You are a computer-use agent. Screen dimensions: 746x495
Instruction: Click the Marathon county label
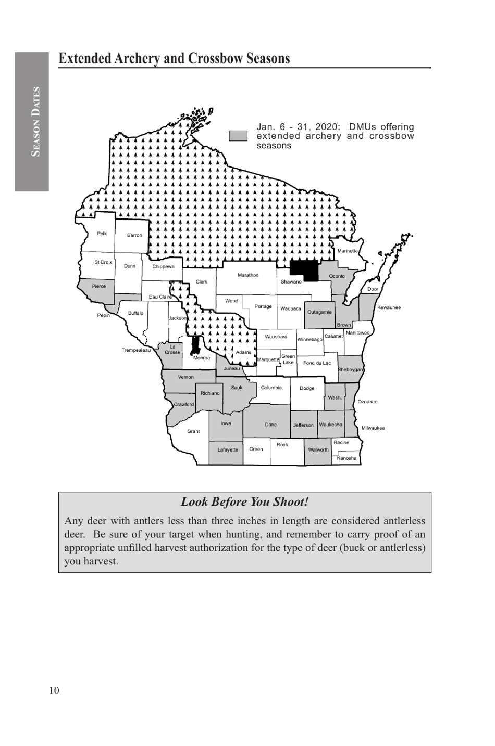[x=248, y=275]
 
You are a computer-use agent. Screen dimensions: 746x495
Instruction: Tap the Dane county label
[x=271, y=425]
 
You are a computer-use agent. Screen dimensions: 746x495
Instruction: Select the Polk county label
[x=102, y=234]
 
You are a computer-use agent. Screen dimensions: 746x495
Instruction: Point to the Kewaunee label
[x=389, y=307]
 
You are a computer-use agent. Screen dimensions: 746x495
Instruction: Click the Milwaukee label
[x=373, y=428]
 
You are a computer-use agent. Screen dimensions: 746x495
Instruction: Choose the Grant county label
[x=193, y=431]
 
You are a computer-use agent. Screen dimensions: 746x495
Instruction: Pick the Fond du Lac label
[x=317, y=363]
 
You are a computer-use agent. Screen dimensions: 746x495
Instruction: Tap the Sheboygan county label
[x=350, y=370]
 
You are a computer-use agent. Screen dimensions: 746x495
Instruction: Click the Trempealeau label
[x=136, y=350]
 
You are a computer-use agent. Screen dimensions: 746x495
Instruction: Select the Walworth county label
[x=318, y=450]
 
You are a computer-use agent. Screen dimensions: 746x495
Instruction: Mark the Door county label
[x=373, y=289]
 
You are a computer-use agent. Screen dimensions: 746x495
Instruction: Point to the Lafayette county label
[x=228, y=450]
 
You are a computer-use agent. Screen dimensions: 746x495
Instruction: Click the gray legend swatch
[x=238, y=136]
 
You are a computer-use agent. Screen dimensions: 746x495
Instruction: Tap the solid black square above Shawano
[x=304, y=270]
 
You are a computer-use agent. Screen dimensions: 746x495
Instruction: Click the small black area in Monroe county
[x=196, y=345]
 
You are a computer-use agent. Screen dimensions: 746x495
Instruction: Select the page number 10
[x=54, y=691]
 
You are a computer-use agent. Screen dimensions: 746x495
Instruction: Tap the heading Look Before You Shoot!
[x=244, y=502]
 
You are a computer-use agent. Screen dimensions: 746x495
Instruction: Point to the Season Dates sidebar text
[x=35, y=122]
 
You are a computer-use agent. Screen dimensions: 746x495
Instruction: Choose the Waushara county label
[x=276, y=337]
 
